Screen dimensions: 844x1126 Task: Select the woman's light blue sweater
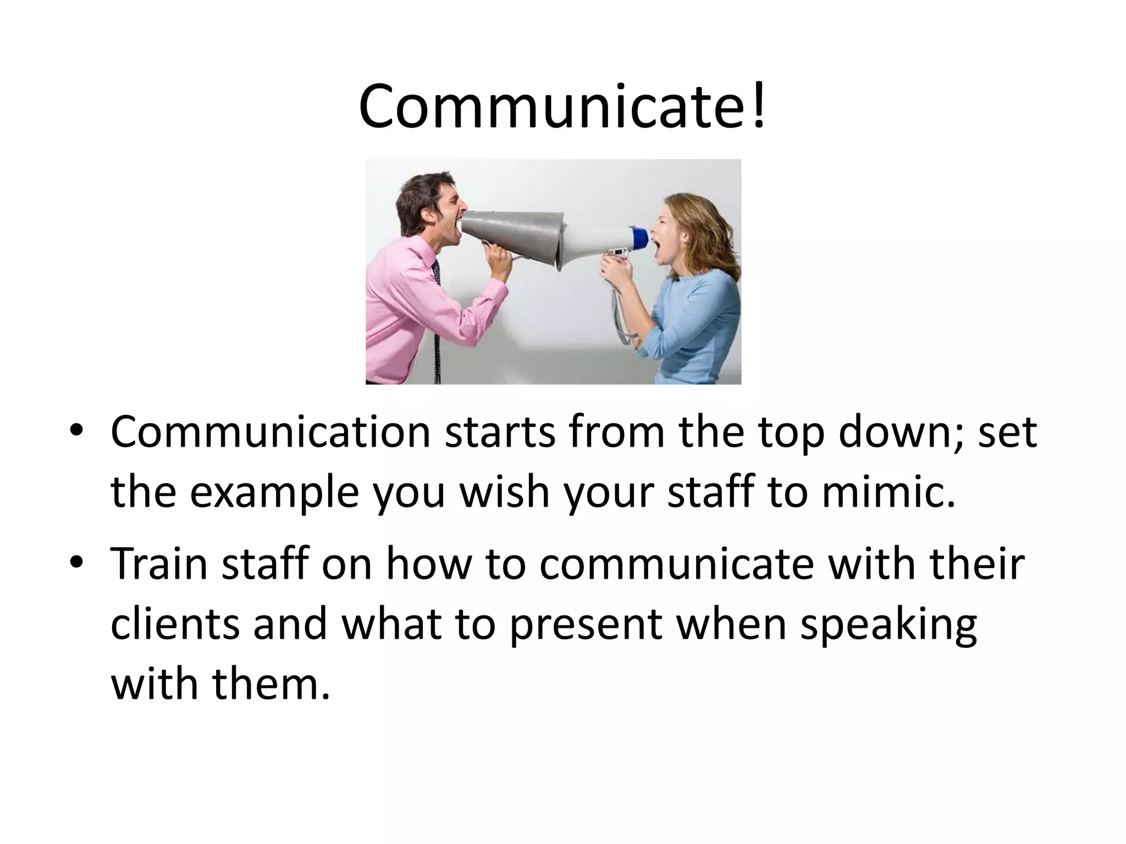698,319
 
